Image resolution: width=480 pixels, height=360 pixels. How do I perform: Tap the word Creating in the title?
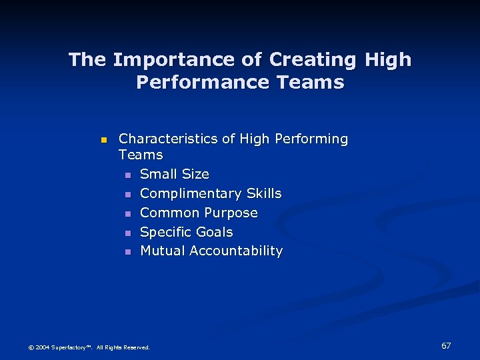pyautogui.click(x=314, y=60)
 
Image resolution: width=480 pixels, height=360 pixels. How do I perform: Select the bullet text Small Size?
pyautogui.click(x=175, y=174)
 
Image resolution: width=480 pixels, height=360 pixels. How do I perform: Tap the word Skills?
pyautogui.click(x=264, y=193)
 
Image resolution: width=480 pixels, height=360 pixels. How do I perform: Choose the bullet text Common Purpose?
pyautogui.click(x=199, y=213)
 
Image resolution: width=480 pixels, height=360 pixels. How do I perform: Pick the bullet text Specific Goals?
pyautogui.click(x=187, y=232)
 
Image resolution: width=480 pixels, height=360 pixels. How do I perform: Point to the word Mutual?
pyautogui.click(x=163, y=251)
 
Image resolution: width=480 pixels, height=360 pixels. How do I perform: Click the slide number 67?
pyautogui.click(x=446, y=345)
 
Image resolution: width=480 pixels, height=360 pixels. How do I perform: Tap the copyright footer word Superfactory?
pyautogui.click(x=69, y=347)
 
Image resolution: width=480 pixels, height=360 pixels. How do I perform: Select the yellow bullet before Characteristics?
pyautogui.click(x=103, y=140)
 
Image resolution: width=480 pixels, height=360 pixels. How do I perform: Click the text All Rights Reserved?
pyautogui.click(x=123, y=347)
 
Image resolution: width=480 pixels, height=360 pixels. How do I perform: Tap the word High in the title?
pyautogui.click(x=388, y=60)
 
